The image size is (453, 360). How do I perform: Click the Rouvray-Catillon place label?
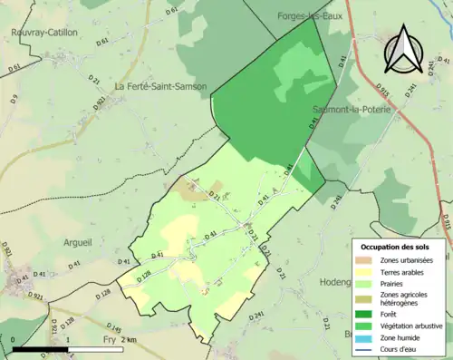[x=44, y=33]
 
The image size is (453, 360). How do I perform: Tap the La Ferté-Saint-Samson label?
[x=160, y=87]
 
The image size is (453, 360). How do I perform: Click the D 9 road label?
[x=14, y=98]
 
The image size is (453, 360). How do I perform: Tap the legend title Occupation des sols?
[x=396, y=246]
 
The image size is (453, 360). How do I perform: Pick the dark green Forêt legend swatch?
[x=366, y=315]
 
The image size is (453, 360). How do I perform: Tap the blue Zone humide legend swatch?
[x=366, y=338]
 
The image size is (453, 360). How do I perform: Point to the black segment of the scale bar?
[x=42, y=349]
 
